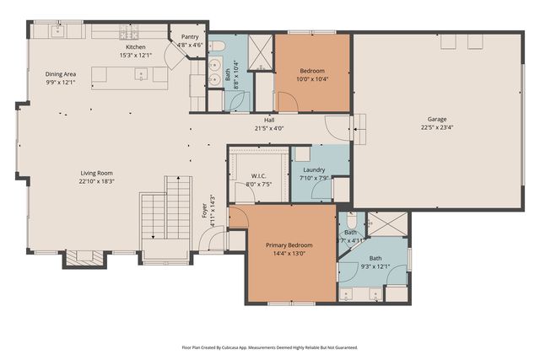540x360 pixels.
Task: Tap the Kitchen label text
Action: click(x=136, y=47)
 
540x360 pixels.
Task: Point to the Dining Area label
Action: click(x=60, y=74)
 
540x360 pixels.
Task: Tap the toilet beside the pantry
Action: click(x=217, y=45)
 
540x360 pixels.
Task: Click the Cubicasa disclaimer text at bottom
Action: click(x=270, y=347)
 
